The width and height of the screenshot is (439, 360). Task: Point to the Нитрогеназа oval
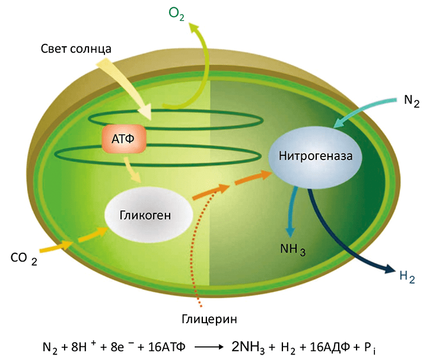(x=311, y=157)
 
